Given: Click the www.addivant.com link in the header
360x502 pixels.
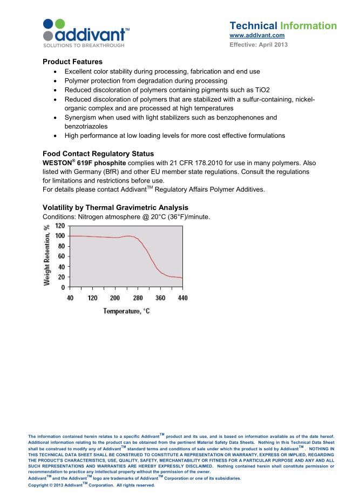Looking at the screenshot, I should tap(257, 35).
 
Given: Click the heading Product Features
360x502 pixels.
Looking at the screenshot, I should tap(72, 62).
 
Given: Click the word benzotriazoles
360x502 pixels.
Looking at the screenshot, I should tap(86, 126).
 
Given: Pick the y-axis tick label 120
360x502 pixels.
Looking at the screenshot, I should tap(59, 226).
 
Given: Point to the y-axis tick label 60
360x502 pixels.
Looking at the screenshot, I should tap(61, 256).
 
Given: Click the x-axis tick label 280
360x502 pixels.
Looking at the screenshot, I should tap(138, 298).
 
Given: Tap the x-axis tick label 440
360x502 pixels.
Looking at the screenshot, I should tap(182, 298).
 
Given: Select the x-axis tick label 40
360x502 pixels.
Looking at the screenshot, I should tap(70, 298).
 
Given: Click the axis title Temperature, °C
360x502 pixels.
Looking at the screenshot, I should tap(126, 311).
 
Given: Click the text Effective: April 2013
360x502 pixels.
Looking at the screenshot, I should tap(259, 44).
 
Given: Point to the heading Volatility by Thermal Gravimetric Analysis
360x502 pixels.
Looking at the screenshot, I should tap(116, 208).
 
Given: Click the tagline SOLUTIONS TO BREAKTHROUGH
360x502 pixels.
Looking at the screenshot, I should tap(83, 45).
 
